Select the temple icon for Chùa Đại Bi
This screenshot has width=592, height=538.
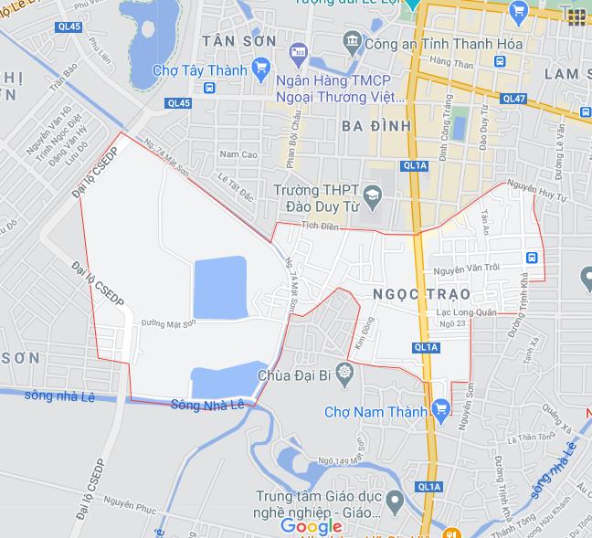pyautogui.click(x=344, y=372)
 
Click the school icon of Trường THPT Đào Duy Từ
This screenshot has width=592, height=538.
pyautogui.click(x=372, y=195)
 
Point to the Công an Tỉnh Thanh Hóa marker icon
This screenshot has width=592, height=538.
pyautogui.click(x=352, y=41)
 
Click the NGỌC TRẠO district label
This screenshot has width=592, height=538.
pyautogui.click(x=421, y=294)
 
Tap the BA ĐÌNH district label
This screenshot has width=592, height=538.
pyautogui.click(x=375, y=125)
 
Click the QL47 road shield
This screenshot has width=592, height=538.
pyautogui.click(x=513, y=99)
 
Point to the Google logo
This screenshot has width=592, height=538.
pyautogui.click(x=312, y=526)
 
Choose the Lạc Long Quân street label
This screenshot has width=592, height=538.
pyautogui.click(x=466, y=312)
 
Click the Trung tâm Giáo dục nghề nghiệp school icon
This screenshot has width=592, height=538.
pyautogui.click(x=395, y=500)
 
